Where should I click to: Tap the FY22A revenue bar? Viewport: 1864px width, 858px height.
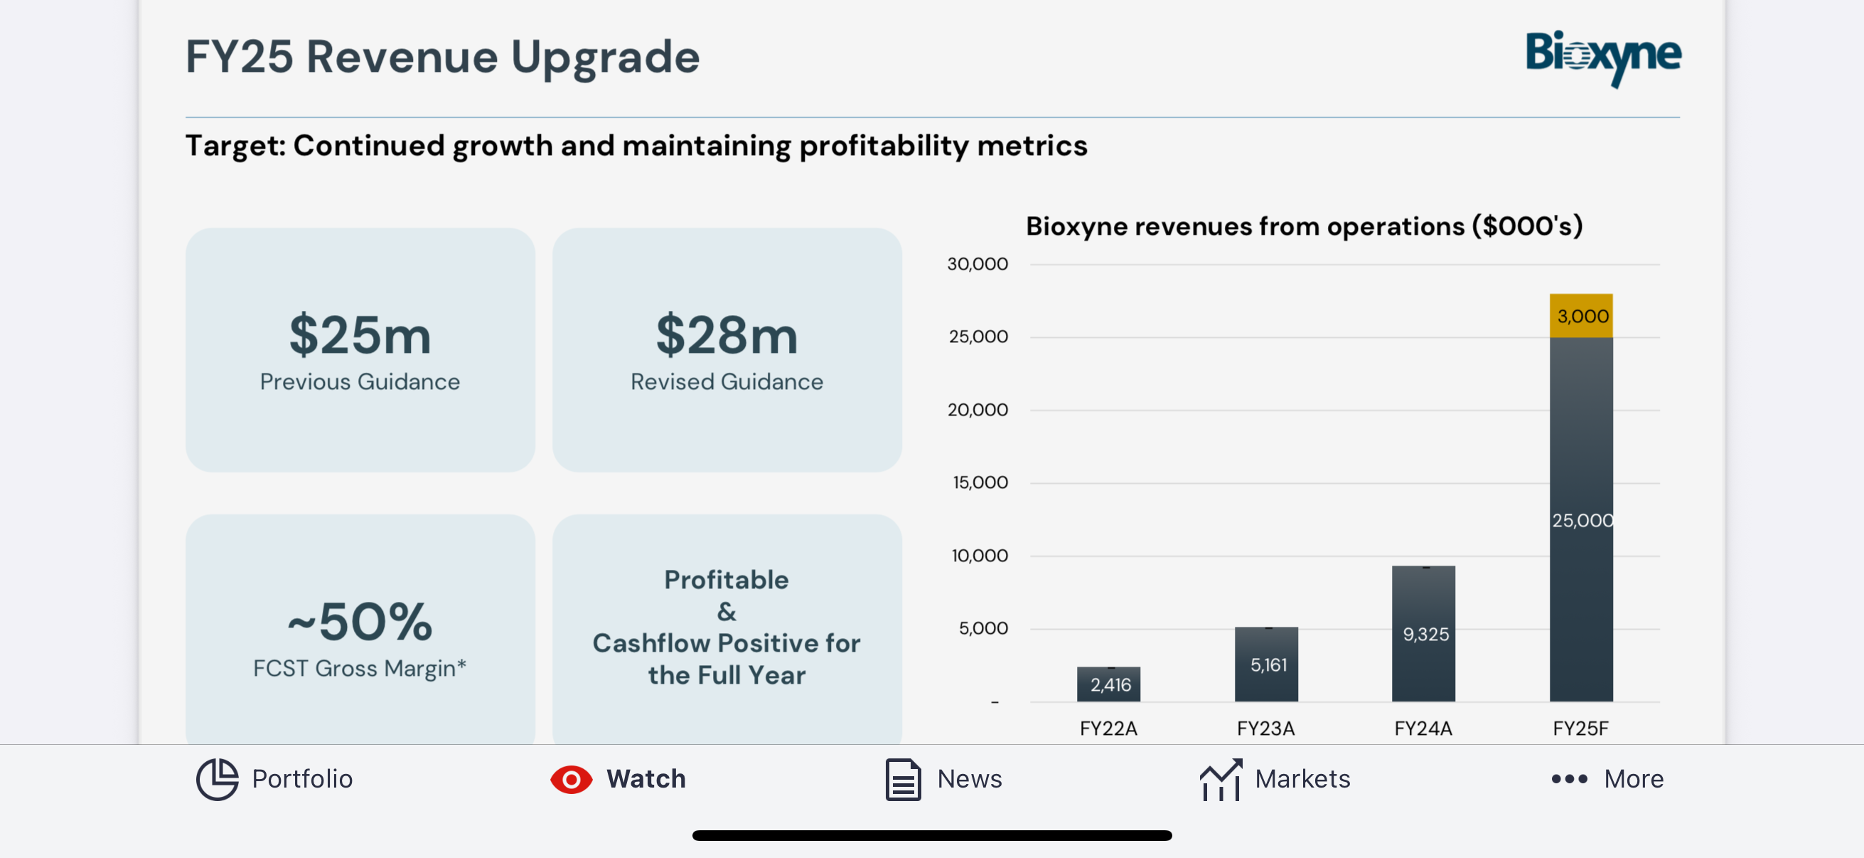(1108, 684)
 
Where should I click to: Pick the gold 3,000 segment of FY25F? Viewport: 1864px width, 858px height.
(1580, 316)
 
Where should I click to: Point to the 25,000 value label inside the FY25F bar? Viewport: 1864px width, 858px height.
(1582, 520)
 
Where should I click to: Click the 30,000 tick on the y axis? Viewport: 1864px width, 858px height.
(977, 264)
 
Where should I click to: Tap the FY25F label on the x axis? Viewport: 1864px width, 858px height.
(1580, 728)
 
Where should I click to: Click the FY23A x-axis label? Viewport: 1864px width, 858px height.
(1265, 728)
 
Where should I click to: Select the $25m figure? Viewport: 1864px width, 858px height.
(360, 334)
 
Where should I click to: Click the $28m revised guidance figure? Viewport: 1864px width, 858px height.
(727, 334)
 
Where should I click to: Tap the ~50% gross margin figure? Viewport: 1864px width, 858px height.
(360, 621)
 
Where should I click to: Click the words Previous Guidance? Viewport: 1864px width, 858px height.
(360, 381)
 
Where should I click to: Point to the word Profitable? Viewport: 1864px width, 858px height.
(727, 579)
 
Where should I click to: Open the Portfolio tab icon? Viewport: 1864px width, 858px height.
(217, 779)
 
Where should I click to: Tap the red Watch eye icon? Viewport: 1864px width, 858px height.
(571, 779)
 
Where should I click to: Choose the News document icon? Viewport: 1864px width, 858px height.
(903, 779)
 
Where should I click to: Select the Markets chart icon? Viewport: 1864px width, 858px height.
(1221, 779)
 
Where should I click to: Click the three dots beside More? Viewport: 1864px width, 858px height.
(1569, 779)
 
